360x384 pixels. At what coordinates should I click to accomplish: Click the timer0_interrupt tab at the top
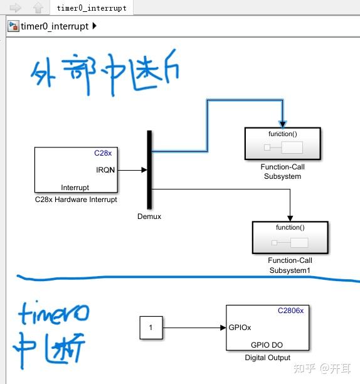click(x=91, y=8)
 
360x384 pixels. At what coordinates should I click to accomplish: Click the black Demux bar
click(x=150, y=169)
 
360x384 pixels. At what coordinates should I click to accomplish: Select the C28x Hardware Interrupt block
click(x=76, y=169)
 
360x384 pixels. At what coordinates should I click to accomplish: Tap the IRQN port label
click(x=105, y=169)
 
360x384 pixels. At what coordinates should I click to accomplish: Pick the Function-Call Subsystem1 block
click(x=290, y=238)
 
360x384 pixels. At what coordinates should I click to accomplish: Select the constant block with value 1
click(x=151, y=328)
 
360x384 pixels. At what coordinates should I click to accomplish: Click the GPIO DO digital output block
click(x=267, y=328)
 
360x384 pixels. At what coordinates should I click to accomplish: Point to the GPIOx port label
click(x=240, y=328)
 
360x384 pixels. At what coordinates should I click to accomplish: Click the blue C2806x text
click(x=290, y=311)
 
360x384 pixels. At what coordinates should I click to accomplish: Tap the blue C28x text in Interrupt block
click(x=102, y=153)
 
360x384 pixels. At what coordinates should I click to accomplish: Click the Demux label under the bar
click(x=149, y=216)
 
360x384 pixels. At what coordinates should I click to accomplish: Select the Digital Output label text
click(x=267, y=358)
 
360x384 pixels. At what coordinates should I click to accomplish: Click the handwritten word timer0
click(x=53, y=312)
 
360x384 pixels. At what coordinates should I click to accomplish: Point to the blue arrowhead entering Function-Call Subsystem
click(x=282, y=124)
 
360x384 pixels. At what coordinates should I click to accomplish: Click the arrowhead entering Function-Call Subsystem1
click(x=290, y=218)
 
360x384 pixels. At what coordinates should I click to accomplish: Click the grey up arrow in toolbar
click(x=38, y=8)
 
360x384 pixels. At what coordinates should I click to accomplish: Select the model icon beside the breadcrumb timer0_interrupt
click(x=13, y=26)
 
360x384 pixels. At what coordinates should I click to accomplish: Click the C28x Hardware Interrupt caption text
click(x=76, y=200)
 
